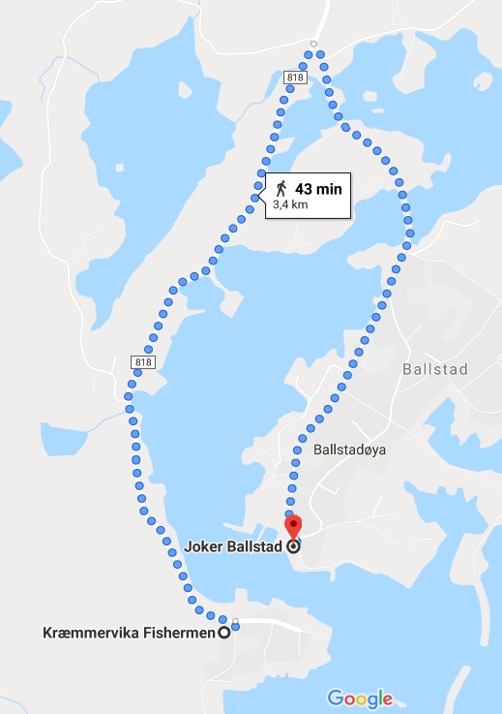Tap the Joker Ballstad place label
[231, 546]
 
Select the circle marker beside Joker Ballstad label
[293, 546]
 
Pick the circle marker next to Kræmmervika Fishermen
[225, 633]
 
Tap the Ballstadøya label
[349, 450]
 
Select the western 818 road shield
[142, 362]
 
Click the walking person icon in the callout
[281, 188]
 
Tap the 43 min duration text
[318, 189]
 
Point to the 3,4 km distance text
[291, 205]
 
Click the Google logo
[360, 698]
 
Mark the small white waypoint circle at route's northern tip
[313, 45]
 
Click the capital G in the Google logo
[335, 698]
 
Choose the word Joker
[204, 546]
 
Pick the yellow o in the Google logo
[361, 698]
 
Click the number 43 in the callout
[305, 189]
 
